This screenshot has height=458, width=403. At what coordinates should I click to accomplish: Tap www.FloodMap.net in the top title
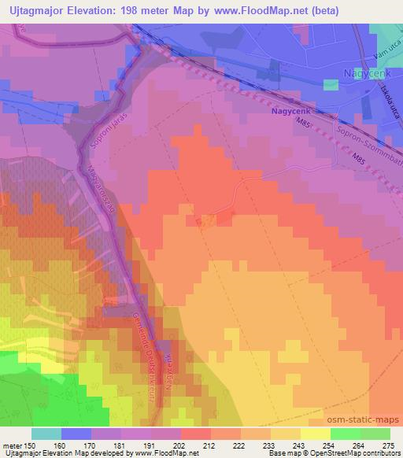click(279, 11)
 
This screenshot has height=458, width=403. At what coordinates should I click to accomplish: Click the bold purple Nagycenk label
click(287, 113)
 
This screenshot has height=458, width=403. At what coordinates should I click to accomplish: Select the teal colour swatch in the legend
click(46, 434)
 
